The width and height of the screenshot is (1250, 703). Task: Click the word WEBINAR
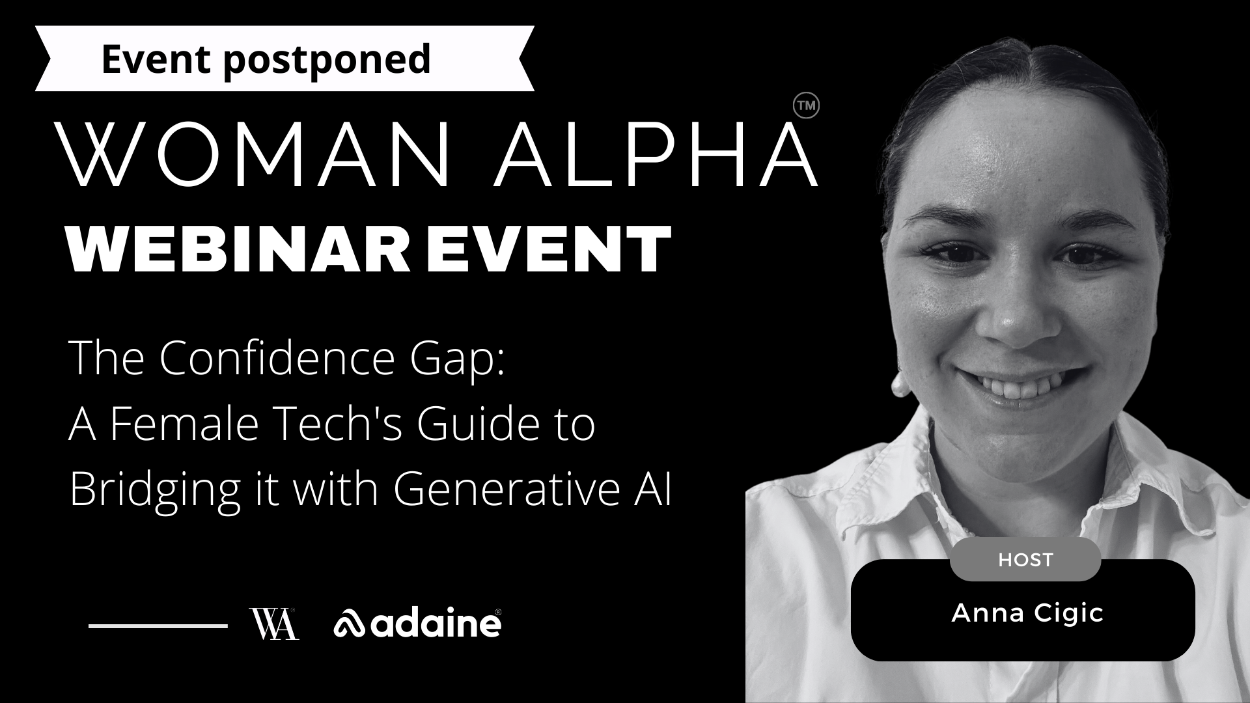tap(240, 249)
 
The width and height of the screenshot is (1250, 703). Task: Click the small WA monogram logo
tap(274, 624)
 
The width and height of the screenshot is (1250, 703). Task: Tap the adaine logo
tap(417, 624)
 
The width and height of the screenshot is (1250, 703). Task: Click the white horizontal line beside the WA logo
tap(158, 626)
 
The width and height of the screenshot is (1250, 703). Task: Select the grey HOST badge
tap(1025, 559)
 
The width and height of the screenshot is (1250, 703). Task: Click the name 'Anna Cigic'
tap(1027, 613)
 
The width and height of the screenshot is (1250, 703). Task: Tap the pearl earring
tap(900, 384)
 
